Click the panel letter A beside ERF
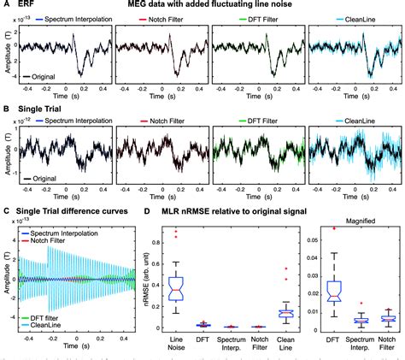click(6, 7)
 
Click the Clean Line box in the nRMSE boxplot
click(286, 314)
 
